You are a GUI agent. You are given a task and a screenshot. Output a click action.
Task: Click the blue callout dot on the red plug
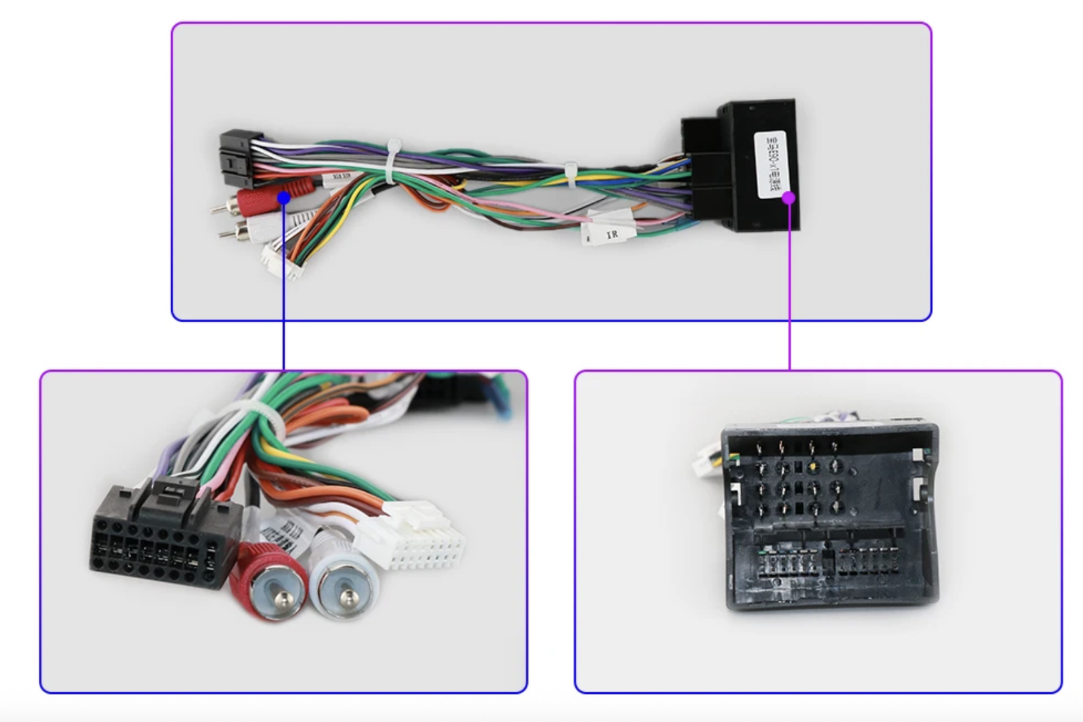point(284,198)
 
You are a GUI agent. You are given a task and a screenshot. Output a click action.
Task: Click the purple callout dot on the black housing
point(789,197)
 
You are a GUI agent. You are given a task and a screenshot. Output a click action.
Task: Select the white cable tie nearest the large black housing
point(570,173)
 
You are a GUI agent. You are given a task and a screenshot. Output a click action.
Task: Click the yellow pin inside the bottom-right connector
point(812,467)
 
